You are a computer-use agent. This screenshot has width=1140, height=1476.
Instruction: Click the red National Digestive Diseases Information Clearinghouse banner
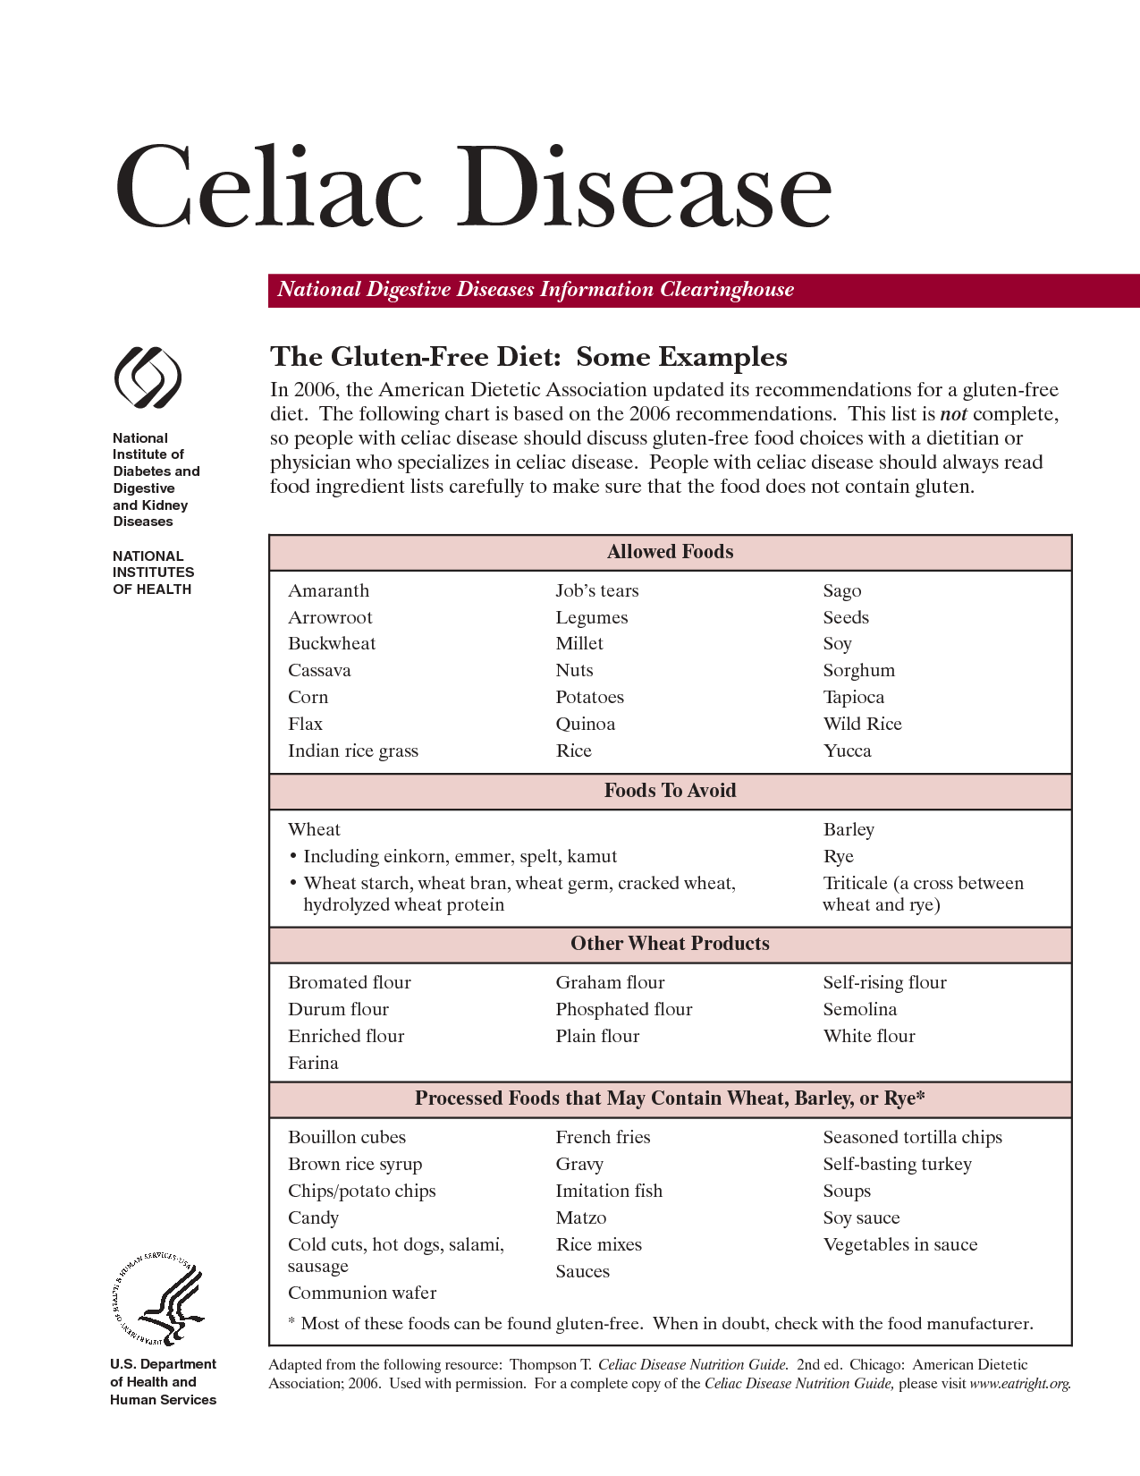[x=703, y=290]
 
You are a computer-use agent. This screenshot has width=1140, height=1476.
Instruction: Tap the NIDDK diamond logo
[x=148, y=378]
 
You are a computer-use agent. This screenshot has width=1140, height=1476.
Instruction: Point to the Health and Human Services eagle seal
[x=158, y=1302]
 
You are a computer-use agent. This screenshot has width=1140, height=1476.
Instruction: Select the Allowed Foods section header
[x=670, y=552]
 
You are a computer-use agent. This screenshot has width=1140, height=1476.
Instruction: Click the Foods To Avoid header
[x=670, y=791]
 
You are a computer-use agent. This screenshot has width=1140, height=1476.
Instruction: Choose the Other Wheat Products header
[x=670, y=944]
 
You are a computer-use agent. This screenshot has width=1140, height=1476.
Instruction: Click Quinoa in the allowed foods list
[x=585, y=724]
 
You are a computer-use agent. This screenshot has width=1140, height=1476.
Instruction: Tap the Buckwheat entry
[x=332, y=644]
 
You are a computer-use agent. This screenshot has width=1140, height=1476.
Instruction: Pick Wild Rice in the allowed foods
[x=862, y=724]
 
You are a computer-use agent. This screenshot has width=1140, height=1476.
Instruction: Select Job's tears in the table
[x=596, y=590]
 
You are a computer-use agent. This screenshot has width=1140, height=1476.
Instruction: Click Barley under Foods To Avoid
[x=849, y=829]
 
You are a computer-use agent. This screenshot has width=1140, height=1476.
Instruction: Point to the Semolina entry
[x=859, y=1009]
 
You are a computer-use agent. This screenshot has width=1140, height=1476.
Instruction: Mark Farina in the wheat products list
[x=313, y=1063]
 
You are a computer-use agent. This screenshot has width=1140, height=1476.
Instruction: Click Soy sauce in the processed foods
[x=861, y=1217]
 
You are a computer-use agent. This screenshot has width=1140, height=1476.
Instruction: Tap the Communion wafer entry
[x=362, y=1293]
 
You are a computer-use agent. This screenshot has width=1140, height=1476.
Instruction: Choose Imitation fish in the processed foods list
[x=609, y=1191]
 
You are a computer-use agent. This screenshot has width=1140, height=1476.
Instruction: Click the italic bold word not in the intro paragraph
[x=953, y=414]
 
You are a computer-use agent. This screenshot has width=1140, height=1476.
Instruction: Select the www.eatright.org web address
[x=1019, y=1383]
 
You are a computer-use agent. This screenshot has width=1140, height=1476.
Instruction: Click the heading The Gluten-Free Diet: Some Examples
[x=528, y=357]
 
